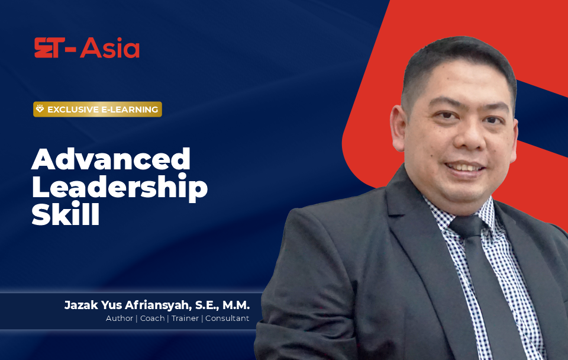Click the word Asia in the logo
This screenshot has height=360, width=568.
coord(110,48)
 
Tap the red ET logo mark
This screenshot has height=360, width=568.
coord(50,48)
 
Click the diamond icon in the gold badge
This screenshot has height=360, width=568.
coord(40,109)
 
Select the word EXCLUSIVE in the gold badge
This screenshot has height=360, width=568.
coord(73,110)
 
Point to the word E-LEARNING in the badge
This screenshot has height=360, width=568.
coord(130,110)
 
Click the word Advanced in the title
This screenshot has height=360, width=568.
coord(111,159)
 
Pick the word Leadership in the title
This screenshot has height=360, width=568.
coord(120,188)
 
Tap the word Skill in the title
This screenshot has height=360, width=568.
coord(66,214)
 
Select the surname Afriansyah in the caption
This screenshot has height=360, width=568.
coord(158,306)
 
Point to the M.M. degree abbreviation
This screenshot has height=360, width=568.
coord(236,305)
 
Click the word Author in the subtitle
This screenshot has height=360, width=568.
coord(120,318)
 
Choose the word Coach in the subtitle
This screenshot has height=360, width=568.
coord(152,318)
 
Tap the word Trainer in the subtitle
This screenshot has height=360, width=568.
coord(185,318)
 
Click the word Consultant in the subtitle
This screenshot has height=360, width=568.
coord(227,318)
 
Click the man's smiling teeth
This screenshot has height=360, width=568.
coord(464,168)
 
